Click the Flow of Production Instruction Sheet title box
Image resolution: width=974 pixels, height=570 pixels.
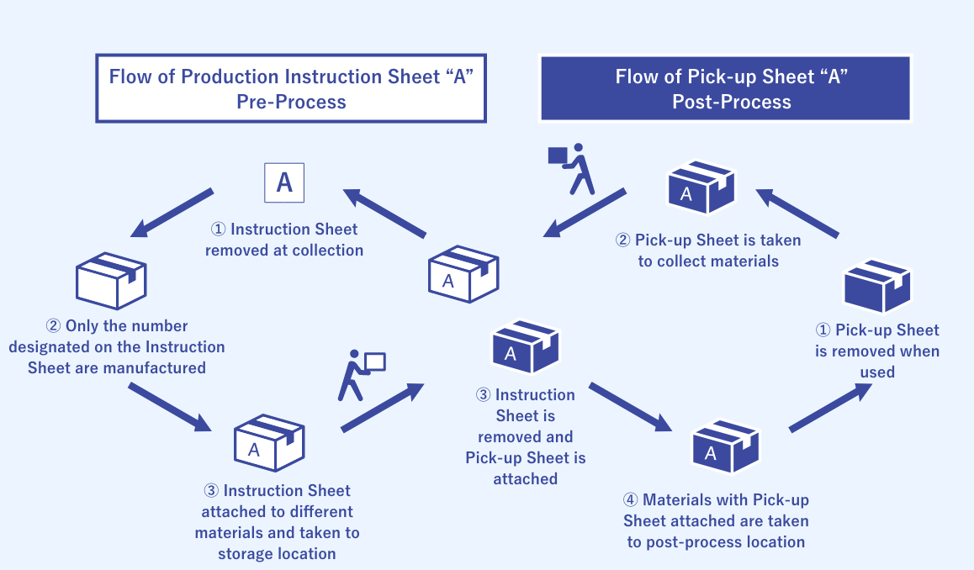pyautogui.click(x=291, y=88)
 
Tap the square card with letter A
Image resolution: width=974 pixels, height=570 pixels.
pyautogui.click(x=284, y=182)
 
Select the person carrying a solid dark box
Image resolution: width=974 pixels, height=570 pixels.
pyautogui.click(x=573, y=168)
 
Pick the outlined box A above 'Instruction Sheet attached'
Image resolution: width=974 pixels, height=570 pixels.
pyautogui.click(x=268, y=443)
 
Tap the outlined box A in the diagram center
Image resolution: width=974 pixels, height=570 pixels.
pyautogui.click(x=463, y=273)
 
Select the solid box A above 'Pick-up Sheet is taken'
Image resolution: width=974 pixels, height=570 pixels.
pyautogui.click(x=701, y=187)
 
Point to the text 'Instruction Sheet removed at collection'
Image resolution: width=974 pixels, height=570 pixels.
pyautogui.click(x=284, y=240)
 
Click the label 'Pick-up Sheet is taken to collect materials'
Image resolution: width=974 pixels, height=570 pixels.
pyautogui.click(x=708, y=251)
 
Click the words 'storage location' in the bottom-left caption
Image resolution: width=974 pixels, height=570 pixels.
pyautogui.click(x=277, y=553)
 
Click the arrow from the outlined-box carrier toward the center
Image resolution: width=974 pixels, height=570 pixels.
pyautogui.click(x=382, y=408)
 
